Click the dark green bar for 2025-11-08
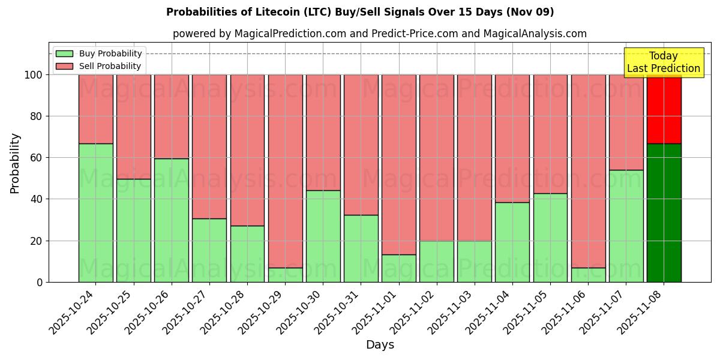tap(664, 212)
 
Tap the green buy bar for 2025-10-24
tap(95, 212)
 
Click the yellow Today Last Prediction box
tap(663, 62)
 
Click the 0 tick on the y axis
tap(40, 282)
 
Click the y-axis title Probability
tap(15, 163)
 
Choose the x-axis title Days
tap(380, 344)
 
